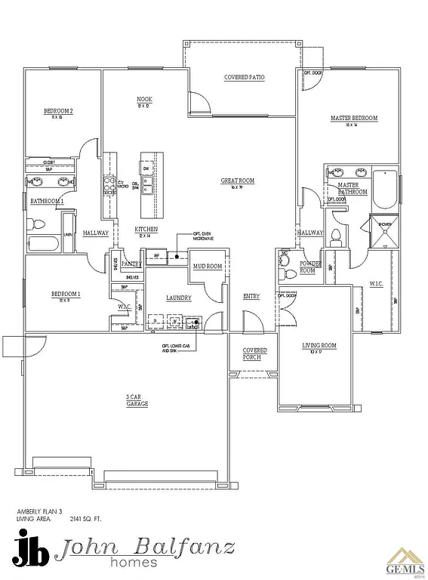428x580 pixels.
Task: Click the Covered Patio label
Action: tap(244, 78)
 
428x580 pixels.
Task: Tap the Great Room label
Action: tap(237, 181)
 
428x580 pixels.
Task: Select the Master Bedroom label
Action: tap(353, 119)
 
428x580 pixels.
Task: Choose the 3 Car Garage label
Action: tap(137, 400)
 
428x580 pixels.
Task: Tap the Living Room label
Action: tap(319, 347)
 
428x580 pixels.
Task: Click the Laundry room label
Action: tap(179, 298)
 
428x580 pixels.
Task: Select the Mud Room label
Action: tap(207, 267)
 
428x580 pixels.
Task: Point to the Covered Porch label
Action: tap(254, 353)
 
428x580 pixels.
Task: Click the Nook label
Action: tap(144, 100)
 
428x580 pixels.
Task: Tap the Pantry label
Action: tap(131, 264)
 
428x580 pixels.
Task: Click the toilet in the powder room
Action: tap(288, 261)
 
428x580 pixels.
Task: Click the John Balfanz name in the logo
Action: tap(148, 548)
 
